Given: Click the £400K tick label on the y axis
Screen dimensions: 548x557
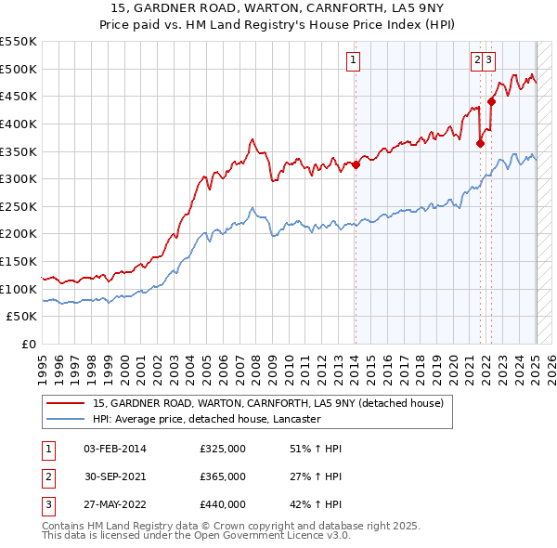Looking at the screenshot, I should coord(18,124).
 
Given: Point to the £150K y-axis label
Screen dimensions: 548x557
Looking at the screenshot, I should coord(18,261).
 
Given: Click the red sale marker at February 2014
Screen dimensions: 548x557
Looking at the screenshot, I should coord(356,165).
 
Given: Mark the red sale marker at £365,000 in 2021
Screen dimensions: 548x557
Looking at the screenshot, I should coord(481,143).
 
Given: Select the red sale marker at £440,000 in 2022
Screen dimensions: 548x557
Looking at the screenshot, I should coord(491,102).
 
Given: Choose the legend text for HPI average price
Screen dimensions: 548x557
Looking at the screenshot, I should coord(206,419).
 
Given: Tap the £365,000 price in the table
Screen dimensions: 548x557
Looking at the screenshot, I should coord(223,477).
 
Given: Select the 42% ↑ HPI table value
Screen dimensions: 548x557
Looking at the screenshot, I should coord(316,506).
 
